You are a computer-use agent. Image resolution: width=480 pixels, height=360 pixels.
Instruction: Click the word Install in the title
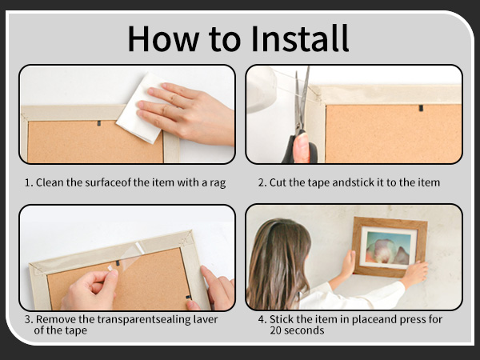(300, 38)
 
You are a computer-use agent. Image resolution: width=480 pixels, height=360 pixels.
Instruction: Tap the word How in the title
(163, 38)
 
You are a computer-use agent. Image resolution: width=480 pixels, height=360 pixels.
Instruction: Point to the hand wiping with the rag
(186, 114)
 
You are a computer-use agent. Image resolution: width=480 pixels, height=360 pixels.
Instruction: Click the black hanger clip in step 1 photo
(99, 123)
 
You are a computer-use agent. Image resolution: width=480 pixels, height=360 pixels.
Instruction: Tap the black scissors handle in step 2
(300, 147)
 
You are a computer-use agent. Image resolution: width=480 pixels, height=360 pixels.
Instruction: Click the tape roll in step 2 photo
(261, 90)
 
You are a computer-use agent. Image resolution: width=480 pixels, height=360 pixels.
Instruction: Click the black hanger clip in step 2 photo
(421, 108)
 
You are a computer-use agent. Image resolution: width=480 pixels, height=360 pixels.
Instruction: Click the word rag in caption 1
(218, 183)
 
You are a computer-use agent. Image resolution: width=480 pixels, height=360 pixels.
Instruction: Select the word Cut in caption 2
(278, 182)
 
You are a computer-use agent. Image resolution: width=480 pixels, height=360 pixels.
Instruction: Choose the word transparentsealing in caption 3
(144, 319)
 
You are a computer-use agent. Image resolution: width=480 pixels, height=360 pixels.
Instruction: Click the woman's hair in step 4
(277, 263)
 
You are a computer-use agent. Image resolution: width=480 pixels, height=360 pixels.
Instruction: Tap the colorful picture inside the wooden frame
(388, 248)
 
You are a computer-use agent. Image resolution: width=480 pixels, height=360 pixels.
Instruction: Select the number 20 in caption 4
(276, 330)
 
